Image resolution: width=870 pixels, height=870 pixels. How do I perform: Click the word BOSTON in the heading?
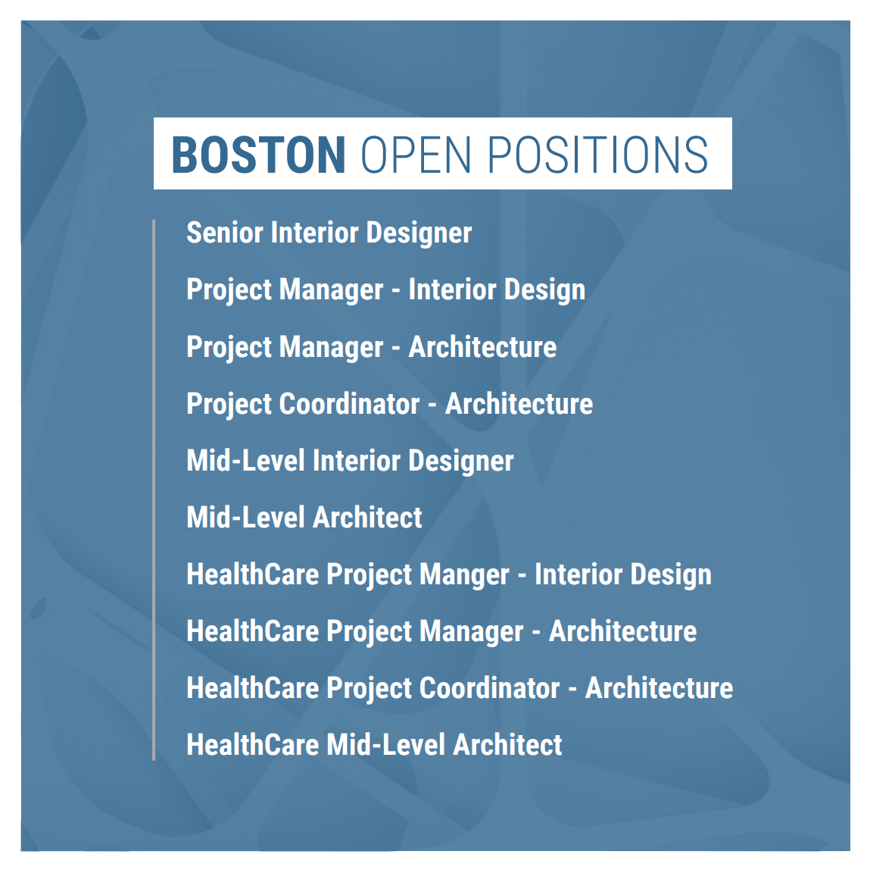pos(258,155)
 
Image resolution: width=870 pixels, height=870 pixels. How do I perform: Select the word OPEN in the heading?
pos(416,155)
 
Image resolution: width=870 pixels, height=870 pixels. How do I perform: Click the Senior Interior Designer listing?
pos(329,233)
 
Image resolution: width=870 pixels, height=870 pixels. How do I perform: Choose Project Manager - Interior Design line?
pos(385,290)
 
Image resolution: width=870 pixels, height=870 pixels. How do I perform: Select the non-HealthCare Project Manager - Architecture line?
pos(371,347)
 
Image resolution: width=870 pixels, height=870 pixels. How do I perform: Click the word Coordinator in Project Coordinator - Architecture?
pos(350,404)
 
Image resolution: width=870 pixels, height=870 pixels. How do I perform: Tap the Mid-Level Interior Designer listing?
pos(350,461)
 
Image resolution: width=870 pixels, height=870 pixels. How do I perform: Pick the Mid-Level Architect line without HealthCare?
pos(304,518)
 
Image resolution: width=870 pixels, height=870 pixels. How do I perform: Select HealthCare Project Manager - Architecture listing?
pos(441,631)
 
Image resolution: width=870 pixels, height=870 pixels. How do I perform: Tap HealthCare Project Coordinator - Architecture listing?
pos(460,688)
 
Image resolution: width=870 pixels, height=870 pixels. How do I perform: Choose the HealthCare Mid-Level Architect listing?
pos(374,745)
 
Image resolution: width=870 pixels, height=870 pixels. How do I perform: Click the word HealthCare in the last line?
pos(253,745)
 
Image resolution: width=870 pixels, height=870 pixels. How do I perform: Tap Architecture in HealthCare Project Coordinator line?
pos(659,688)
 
